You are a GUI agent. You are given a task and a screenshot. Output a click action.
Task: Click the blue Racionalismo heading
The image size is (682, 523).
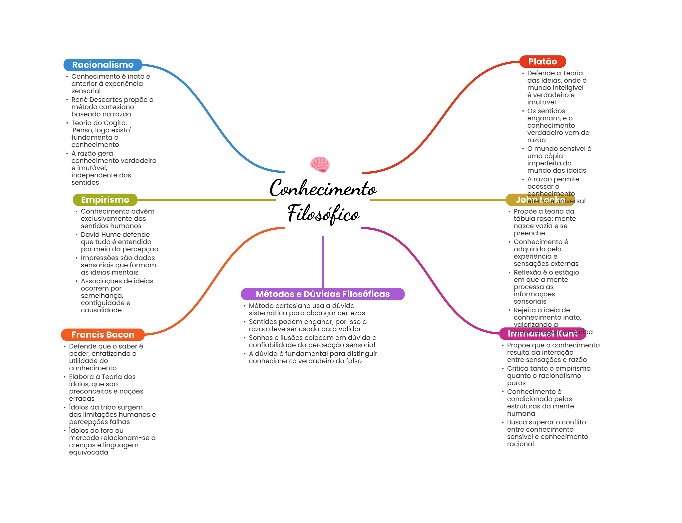point(103,65)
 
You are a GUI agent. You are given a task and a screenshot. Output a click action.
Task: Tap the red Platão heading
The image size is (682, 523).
point(542,61)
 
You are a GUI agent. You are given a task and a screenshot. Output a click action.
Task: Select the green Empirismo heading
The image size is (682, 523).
point(105,200)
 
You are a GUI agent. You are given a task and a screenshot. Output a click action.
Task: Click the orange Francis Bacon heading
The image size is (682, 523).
point(103,334)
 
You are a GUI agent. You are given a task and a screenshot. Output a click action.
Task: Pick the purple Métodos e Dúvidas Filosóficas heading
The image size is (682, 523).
point(322,294)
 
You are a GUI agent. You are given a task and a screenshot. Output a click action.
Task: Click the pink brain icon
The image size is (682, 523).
point(320,164)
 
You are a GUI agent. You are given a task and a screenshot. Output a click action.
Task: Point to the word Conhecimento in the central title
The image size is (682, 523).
point(323,189)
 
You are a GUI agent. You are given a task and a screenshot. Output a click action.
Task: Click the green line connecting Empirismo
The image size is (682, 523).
point(206,200)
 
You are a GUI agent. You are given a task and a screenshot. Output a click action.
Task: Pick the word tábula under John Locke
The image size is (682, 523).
point(524,219)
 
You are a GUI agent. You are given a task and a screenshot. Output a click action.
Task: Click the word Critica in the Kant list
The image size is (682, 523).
point(517,368)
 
